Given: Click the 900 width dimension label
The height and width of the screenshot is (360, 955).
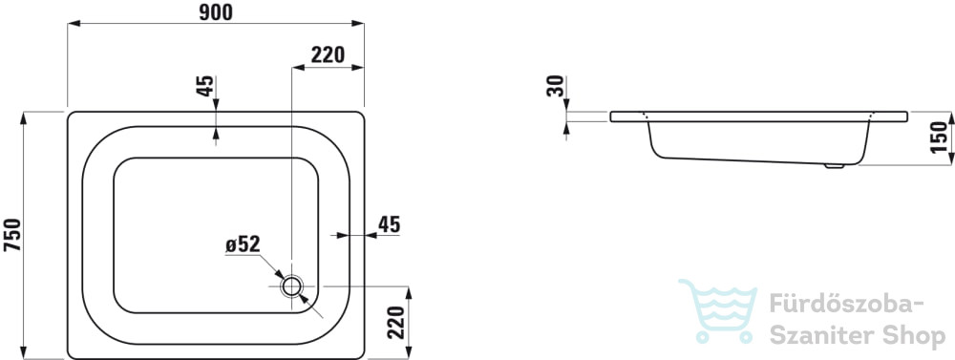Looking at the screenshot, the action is [216, 12].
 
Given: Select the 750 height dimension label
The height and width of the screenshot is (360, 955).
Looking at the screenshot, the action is [12, 235].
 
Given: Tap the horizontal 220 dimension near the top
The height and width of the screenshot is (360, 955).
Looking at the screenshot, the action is [328, 54].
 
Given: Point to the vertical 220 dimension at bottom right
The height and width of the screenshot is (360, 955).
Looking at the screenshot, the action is [396, 322].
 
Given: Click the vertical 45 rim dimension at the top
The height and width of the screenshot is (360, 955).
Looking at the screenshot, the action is [205, 86].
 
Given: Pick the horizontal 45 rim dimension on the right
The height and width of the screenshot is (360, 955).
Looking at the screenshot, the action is [390, 224].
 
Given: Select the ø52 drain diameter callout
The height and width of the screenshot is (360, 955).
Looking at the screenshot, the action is [243, 244].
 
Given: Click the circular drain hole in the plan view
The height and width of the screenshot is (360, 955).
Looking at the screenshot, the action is [292, 286].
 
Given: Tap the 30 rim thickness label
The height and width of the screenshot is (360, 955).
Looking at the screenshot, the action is [555, 86].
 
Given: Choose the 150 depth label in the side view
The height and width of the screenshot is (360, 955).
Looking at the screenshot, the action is [940, 138].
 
